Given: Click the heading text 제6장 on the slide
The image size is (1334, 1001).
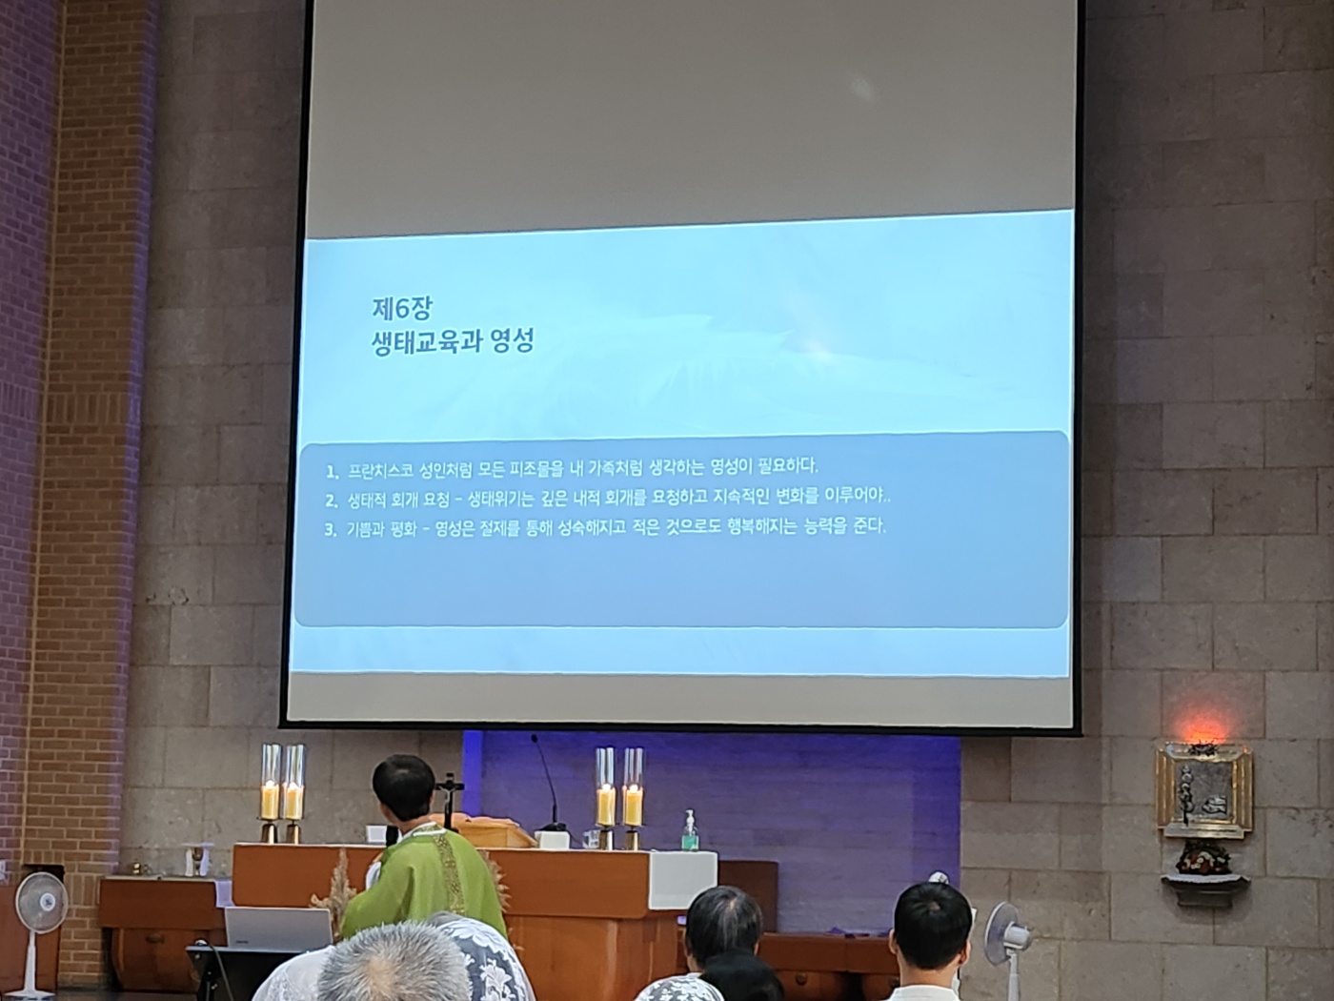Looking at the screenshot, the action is coord(402,309).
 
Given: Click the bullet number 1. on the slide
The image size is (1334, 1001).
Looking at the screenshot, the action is coord(332,472).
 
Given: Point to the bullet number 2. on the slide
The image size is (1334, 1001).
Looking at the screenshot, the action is coord(332,501).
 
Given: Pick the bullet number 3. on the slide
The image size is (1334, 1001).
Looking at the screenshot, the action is coord(331,530).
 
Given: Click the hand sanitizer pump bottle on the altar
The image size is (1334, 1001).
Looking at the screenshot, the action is coord(689,830).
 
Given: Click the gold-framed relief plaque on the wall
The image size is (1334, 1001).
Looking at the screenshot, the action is coord(1203,789).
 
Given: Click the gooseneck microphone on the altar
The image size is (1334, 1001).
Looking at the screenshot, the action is coord(549,783).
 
